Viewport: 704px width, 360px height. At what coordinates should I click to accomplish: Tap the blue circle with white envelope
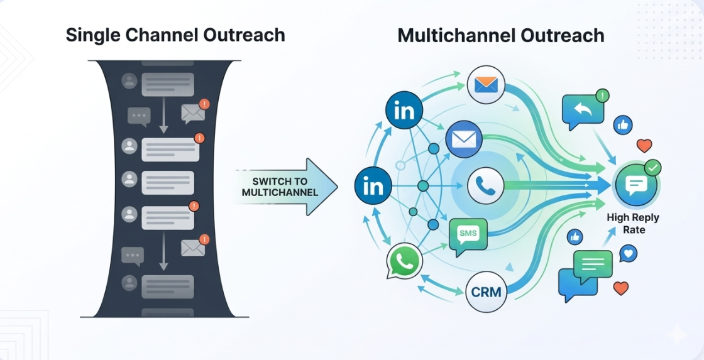pyautogui.click(x=464, y=139)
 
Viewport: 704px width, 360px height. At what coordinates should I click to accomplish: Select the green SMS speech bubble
pyautogui.click(x=468, y=235)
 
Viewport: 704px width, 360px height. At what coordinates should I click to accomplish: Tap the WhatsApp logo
pyautogui.click(x=404, y=262)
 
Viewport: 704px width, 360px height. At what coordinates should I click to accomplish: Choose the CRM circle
pyautogui.click(x=486, y=292)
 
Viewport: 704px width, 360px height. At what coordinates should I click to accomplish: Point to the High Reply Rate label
pyautogui.click(x=634, y=224)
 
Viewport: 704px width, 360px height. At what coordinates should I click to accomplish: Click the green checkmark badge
pyautogui.click(x=654, y=167)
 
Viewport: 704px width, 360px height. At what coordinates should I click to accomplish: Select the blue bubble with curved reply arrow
pyautogui.click(x=583, y=111)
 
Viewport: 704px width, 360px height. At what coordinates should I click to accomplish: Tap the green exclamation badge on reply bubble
pyautogui.click(x=603, y=95)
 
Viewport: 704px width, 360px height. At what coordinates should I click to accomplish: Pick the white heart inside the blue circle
pyautogui.click(x=628, y=254)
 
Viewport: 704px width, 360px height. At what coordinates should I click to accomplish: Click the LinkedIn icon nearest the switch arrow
pyautogui.click(x=373, y=187)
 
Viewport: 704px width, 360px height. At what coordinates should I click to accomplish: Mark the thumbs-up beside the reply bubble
pyautogui.click(x=624, y=125)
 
